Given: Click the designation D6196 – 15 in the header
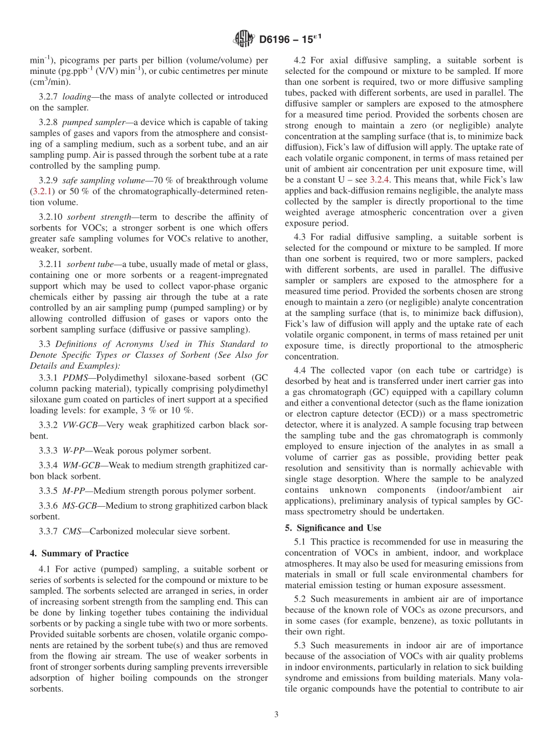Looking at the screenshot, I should pyautogui.click(x=288, y=39).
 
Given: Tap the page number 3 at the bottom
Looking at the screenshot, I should pyautogui.click(x=276, y=715).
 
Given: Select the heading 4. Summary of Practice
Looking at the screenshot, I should pyautogui.click(x=79, y=553).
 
